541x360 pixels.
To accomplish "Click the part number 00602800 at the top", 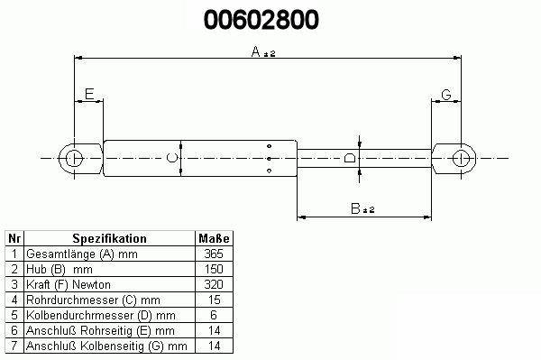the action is point(261,20).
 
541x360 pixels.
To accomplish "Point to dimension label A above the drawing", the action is point(256,51).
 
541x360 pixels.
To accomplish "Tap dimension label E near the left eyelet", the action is point(89,94).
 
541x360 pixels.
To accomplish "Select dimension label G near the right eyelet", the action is point(446,95).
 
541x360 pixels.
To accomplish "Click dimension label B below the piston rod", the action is point(355,208).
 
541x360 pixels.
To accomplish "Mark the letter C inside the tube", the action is point(172,158).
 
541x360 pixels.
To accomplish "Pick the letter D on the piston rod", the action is point(350,158).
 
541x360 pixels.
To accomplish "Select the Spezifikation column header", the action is point(109,238).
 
